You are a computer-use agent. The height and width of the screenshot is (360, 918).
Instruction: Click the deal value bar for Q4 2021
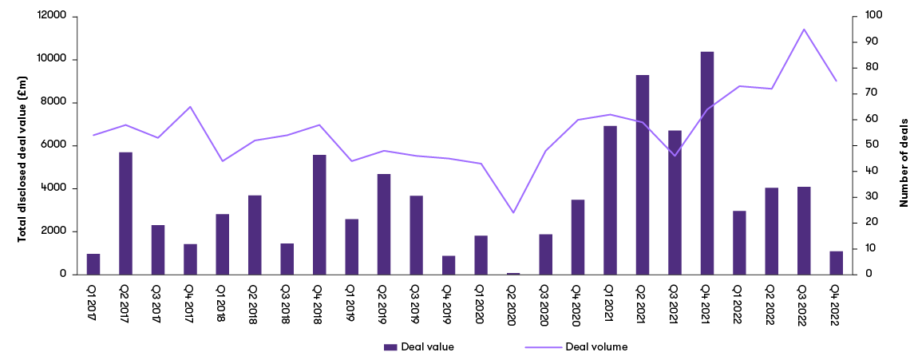[x=706, y=163]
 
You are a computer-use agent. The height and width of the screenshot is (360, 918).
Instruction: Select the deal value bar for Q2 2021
[x=643, y=175]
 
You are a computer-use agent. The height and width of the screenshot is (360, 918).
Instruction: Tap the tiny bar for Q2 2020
[x=513, y=273]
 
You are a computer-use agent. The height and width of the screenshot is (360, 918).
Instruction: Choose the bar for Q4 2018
[x=319, y=215]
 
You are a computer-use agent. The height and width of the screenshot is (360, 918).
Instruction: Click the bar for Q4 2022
[x=836, y=263]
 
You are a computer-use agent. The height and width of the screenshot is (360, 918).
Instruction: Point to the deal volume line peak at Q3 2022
[x=804, y=29]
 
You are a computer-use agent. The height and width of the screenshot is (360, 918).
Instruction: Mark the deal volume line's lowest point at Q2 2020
[x=513, y=212]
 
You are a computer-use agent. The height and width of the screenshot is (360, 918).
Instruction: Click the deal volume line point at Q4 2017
[x=190, y=106]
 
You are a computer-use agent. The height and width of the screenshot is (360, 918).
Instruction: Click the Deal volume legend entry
[x=576, y=346]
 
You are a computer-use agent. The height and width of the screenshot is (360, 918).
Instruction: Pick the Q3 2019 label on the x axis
[x=416, y=298]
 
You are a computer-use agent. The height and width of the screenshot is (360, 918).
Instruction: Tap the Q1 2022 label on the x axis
[x=739, y=298]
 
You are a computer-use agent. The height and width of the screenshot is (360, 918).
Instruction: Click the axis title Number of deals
[x=904, y=145]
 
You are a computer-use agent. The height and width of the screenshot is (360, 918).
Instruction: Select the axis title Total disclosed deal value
[x=23, y=145]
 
